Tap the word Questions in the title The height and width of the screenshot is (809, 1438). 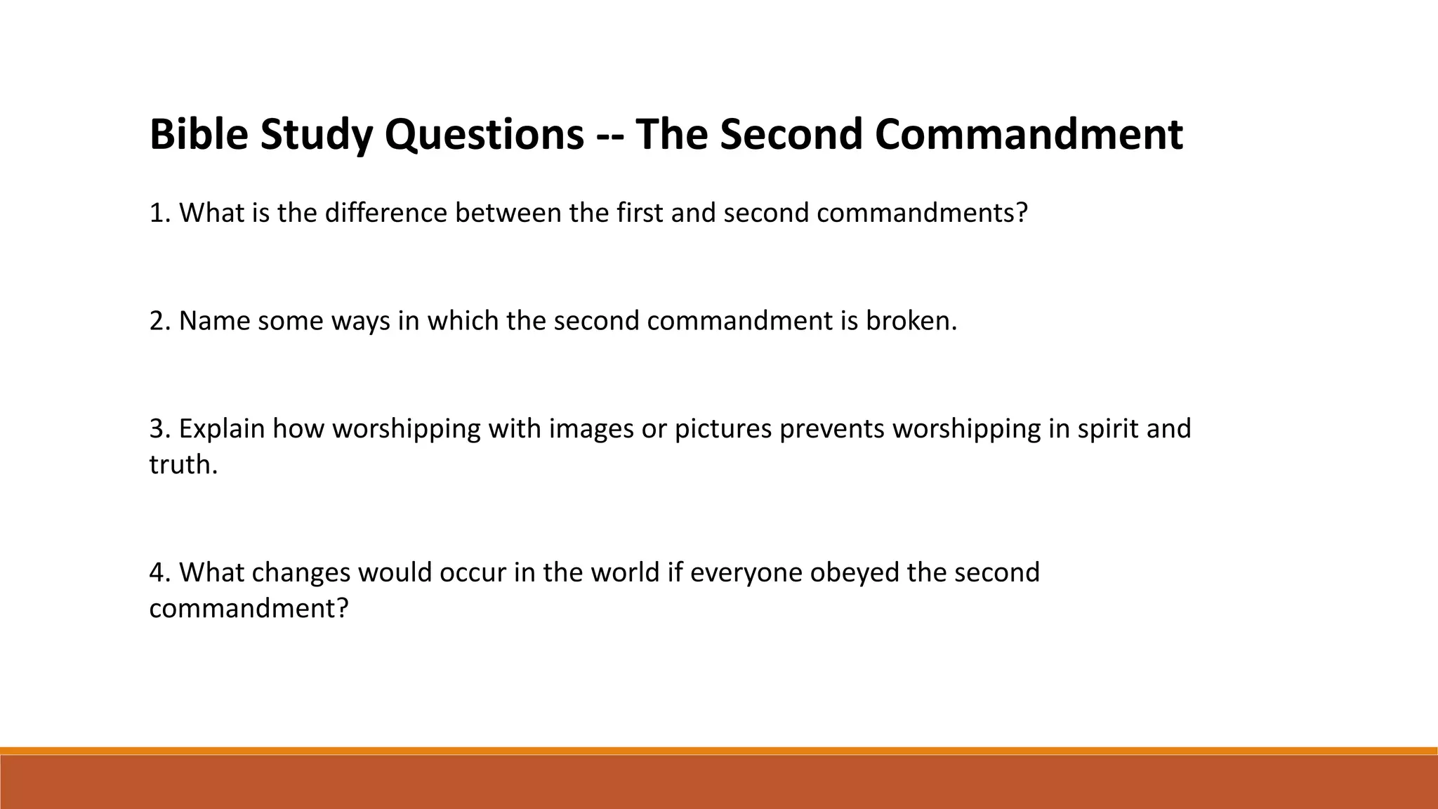(x=484, y=134)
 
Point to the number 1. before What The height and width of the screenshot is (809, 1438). (x=161, y=213)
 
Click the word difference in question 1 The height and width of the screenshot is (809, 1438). (x=385, y=213)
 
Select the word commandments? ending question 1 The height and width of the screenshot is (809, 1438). (x=922, y=213)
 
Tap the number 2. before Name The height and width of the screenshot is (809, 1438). (x=161, y=321)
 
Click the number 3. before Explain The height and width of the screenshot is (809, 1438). (x=161, y=428)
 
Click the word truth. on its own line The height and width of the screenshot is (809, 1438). (x=183, y=465)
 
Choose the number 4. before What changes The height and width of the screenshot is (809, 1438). (x=161, y=572)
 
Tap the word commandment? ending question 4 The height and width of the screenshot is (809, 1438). (x=249, y=608)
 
